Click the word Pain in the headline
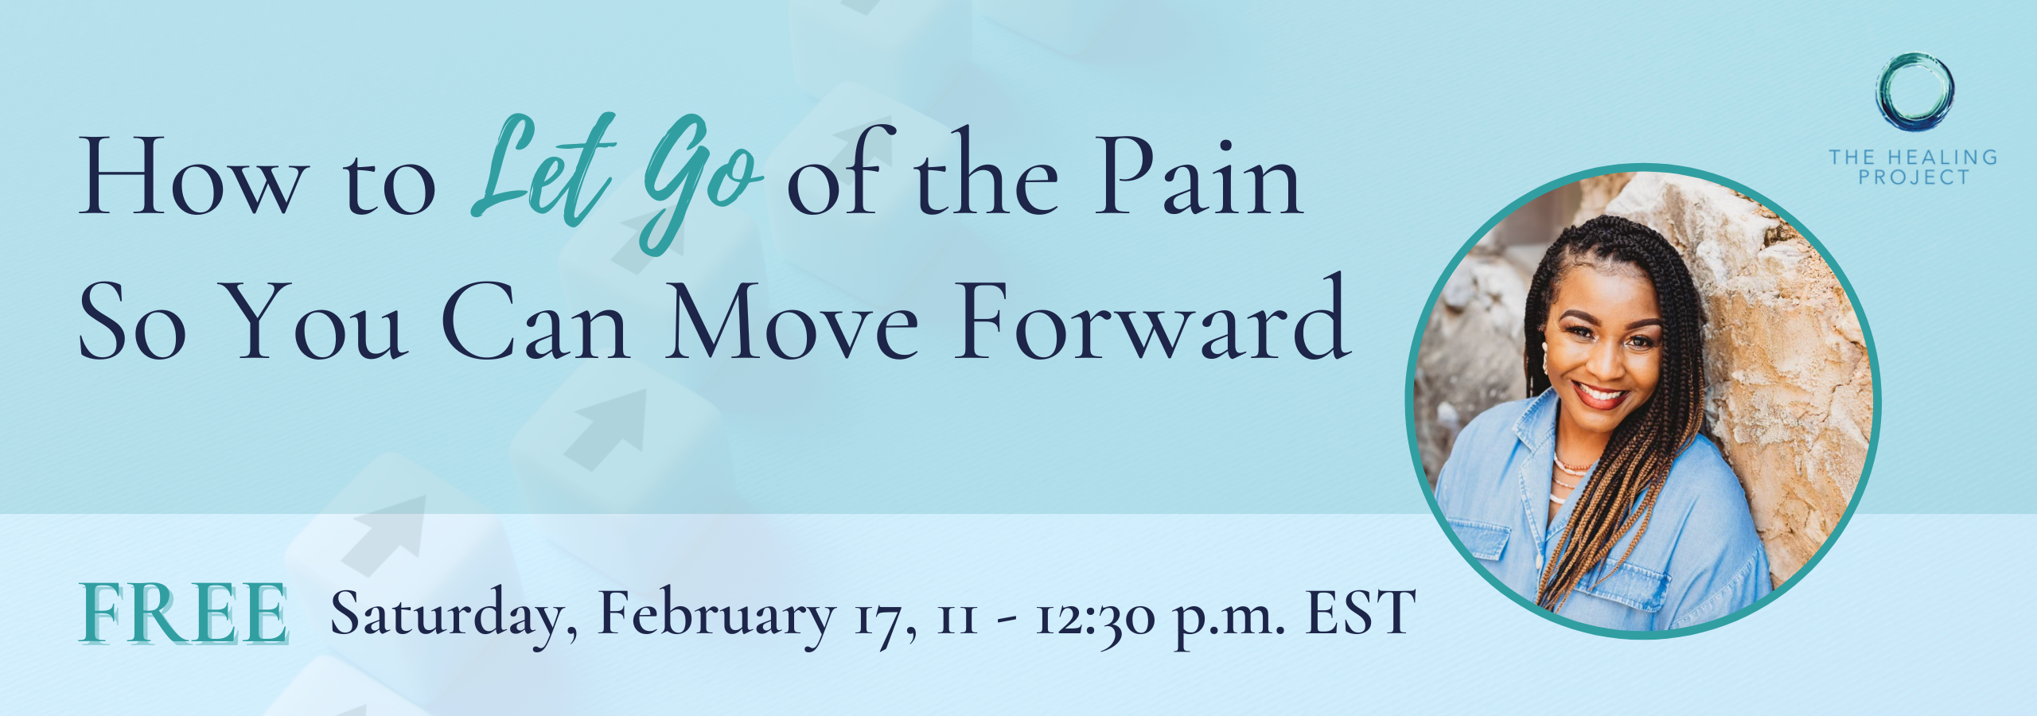pyautogui.click(x=1198, y=177)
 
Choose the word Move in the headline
pyautogui.click(x=793, y=321)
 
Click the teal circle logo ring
pyautogui.click(x=1914, y=56)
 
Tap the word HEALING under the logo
pyautogui.click(x=1942, y=157)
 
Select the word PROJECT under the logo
pyautogui.click(x=1914, y=177)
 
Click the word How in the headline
pyautogui.click(x=191, y=177)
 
